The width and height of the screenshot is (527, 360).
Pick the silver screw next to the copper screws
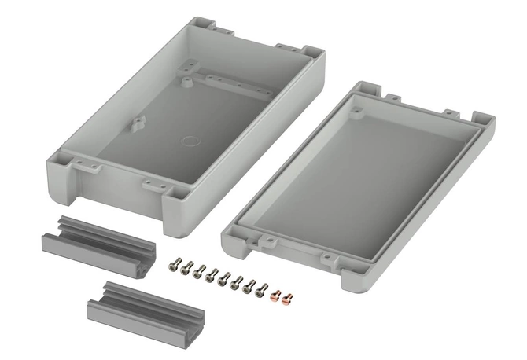[263, 290]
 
